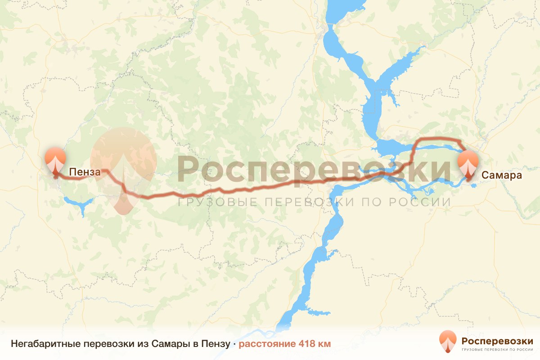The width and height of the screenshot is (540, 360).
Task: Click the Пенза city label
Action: [82, 171]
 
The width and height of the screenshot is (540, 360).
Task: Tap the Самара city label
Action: [502, 175]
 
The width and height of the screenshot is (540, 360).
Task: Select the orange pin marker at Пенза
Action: [55, 160]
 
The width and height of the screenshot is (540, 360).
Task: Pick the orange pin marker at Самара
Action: [468, 165]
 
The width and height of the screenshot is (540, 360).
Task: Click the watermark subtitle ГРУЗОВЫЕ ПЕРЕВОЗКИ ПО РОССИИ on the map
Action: [314, 202]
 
